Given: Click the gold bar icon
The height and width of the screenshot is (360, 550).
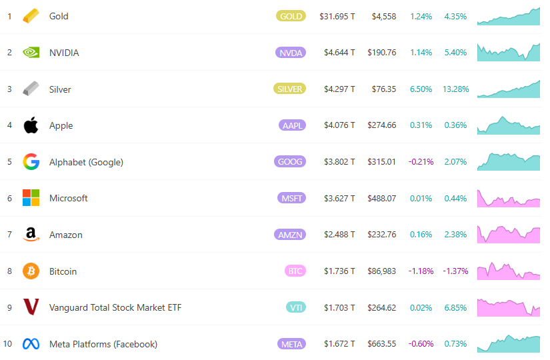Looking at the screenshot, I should coord(31,16).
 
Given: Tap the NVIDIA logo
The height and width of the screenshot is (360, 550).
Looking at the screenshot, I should coord(31,53).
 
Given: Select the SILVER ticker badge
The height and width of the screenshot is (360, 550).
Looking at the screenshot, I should coord(289,89).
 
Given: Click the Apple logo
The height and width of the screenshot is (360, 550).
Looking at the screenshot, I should coord(31,125).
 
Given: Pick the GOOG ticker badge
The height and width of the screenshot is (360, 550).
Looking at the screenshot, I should coord(290,162).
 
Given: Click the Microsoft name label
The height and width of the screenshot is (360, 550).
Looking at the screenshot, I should coord(69,198).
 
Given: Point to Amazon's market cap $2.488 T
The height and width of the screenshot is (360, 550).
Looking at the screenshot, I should coord(339,235).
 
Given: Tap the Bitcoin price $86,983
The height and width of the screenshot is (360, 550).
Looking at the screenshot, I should coord(381,271).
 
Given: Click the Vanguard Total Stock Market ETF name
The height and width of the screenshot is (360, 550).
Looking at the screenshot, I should coord(115,307).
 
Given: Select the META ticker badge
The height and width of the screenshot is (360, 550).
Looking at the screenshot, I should coord(291,344).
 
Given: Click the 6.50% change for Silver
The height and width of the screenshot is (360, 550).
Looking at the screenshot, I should coord(421,89).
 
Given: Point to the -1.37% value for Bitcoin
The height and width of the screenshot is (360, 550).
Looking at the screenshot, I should coord(455,271).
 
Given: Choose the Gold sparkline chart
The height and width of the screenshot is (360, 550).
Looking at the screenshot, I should coord(509,17).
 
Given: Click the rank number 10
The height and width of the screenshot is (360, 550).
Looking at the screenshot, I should coord(8,344).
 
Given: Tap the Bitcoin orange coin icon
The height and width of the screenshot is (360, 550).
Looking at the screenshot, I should coord(31,271).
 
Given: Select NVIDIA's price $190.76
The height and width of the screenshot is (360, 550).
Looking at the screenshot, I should coord(381,53).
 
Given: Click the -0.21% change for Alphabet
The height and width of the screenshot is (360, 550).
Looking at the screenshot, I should coord(421,162).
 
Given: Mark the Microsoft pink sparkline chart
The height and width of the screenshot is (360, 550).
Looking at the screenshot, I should coord(509,198).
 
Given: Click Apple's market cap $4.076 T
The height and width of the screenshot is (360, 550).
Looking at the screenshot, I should coord(339,125).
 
